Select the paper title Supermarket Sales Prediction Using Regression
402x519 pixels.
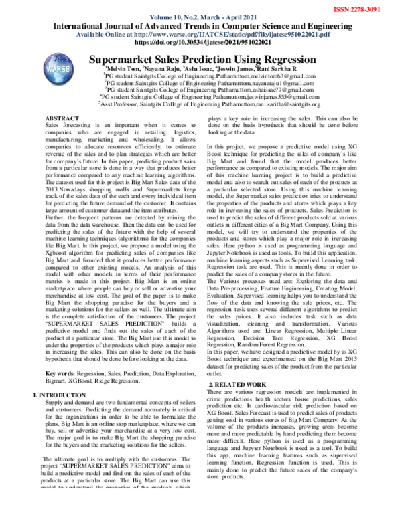click(x=212, y=60)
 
